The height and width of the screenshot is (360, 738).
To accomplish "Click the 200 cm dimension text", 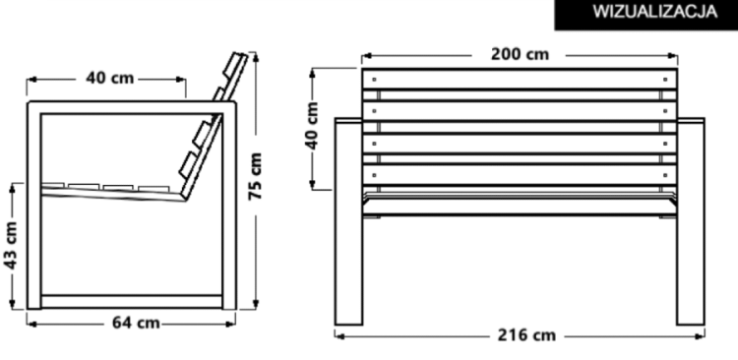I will [520, 54].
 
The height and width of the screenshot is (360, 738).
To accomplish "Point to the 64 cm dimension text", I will [135, 322].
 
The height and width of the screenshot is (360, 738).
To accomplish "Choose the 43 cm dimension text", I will [12, 246].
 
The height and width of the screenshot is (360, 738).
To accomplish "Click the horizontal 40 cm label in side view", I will [107, 77].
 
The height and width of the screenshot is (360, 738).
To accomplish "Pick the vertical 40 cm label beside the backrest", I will [314, 125].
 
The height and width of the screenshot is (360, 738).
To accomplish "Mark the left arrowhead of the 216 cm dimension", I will [338, 335].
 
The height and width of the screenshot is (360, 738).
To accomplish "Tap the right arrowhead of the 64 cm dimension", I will [232, 322].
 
